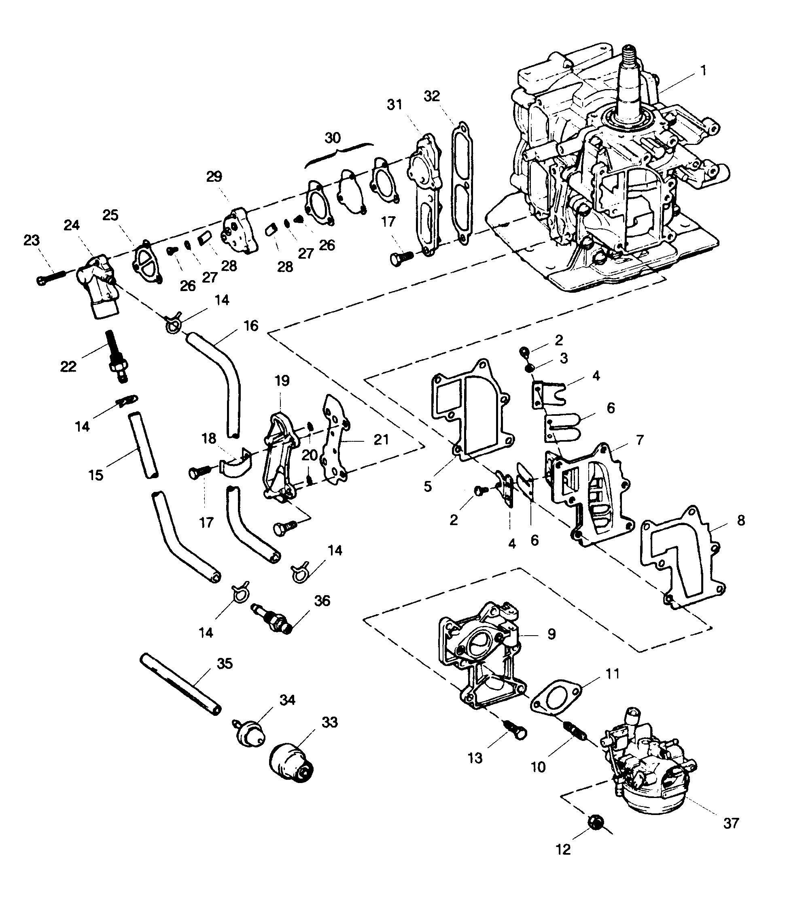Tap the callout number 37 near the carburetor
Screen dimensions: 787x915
coord(731,823)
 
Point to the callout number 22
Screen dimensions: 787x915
coord(68,366)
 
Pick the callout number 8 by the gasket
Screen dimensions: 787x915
coord(741,520)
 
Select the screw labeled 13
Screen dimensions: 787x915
coord(515,731)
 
